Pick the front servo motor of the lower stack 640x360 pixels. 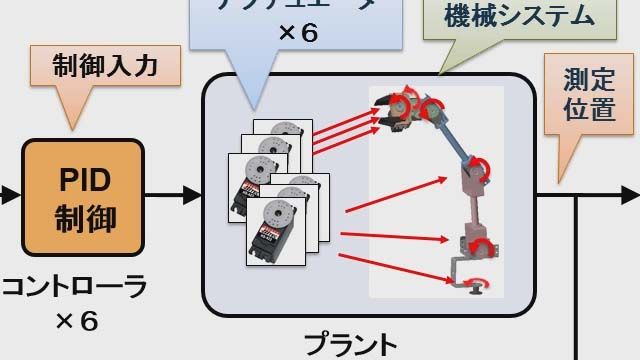(279, 234)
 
